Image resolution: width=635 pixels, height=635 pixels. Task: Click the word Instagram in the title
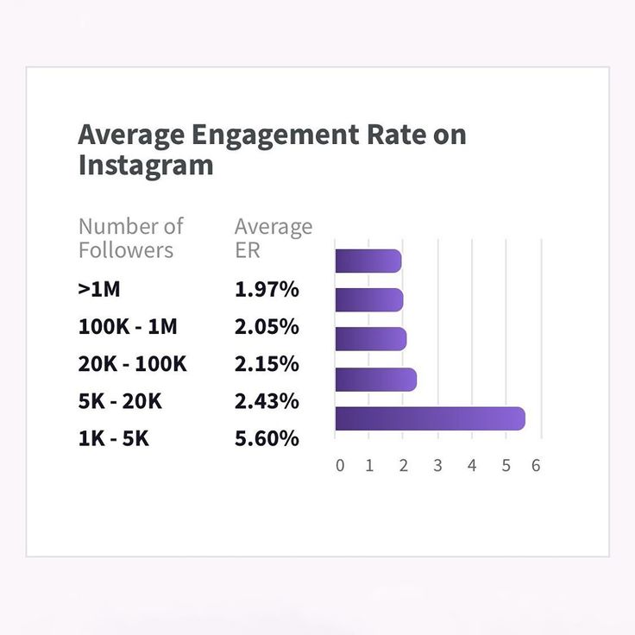click(x=146, y=165)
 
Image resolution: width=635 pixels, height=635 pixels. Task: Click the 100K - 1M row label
click(x=128, y=327)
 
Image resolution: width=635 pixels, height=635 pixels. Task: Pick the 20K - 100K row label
click(x=132, y=364)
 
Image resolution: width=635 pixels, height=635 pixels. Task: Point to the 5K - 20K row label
click(x=120, y=401)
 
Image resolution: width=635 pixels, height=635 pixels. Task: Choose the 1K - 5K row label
click(x=113, y=438)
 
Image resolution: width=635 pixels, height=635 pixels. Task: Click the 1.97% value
click(x=267, y=289)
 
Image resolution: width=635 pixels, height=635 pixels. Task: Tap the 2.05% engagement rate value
click(x=267, y=327)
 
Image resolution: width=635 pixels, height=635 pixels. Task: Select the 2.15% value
click(x=267, y=364)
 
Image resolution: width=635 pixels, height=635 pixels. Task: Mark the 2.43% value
click(x=267, y=401)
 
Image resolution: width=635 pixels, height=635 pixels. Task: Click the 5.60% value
click(x=267, y=438)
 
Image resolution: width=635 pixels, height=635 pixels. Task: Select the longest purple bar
click(x=430, y=418)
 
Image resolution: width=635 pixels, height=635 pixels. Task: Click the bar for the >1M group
click(x=368, y=261)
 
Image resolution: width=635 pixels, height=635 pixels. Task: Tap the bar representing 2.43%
click(x=375, y=380)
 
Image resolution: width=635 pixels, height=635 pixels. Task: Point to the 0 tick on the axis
click(x=340, y=466)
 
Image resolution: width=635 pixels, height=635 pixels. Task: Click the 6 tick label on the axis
click(x=536, y=466)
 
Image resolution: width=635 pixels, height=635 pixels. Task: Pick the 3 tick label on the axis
click(x=437, y=466)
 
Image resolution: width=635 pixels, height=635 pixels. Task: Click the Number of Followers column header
click(x=130, y=238)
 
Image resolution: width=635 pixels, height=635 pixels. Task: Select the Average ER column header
click(x=273, y=238)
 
